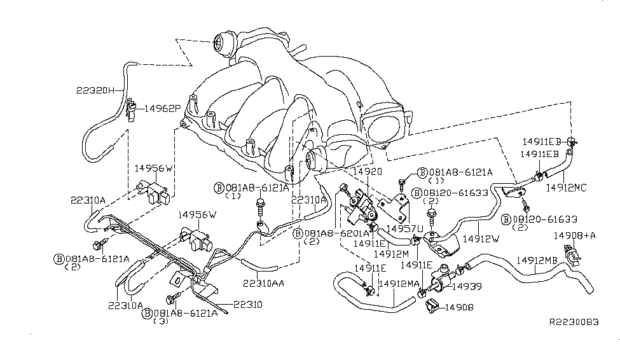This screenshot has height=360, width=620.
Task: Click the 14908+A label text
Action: pos(574,235)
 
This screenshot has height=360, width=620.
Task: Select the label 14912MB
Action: pos(537,260)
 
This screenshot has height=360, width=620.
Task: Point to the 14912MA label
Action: pos(399,284)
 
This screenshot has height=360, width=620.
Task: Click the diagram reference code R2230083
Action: pos(574,322)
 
